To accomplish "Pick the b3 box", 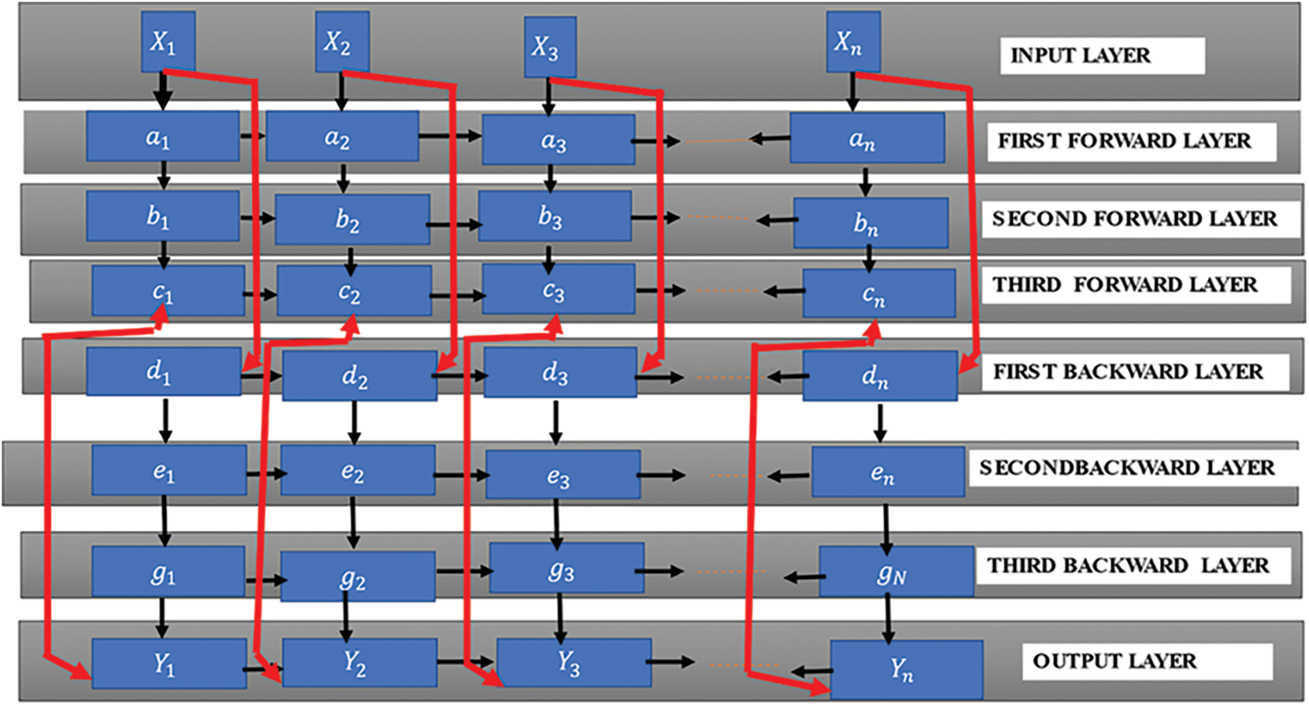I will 554,216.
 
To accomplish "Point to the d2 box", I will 359,376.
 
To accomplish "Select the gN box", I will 896,571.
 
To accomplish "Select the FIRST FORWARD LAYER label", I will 1132,142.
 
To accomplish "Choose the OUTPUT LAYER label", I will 1114,661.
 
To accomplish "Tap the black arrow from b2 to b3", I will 453,223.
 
